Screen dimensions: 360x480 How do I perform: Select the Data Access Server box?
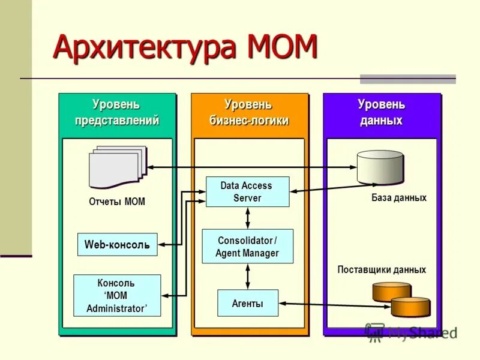coord(247,192)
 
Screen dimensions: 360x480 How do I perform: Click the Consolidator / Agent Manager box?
coord(247,246)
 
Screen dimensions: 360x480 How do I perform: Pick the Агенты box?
coord(247,303)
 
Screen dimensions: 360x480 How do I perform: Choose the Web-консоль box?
coord(117,245)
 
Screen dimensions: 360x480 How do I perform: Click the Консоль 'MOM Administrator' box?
coord(117,295)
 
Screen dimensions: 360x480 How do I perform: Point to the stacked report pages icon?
coord(118,167)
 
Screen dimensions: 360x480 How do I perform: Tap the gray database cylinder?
coord(380,167)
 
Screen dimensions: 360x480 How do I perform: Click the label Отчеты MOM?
coord(117,202)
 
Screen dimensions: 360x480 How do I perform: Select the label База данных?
coord(398,198)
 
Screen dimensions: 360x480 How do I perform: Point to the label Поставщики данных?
coord(382,270)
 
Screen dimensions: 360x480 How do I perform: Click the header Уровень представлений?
coord(117,113)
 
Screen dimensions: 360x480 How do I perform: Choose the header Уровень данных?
coord(382,113)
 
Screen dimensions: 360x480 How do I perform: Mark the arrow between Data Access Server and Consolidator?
coord(247,218)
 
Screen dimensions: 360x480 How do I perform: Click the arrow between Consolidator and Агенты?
coord(247,277)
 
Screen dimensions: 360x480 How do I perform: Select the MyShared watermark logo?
coord(412,332)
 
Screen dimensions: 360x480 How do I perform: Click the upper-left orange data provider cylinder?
coord(391,292)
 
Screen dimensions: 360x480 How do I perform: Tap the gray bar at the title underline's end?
coord(407,79)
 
